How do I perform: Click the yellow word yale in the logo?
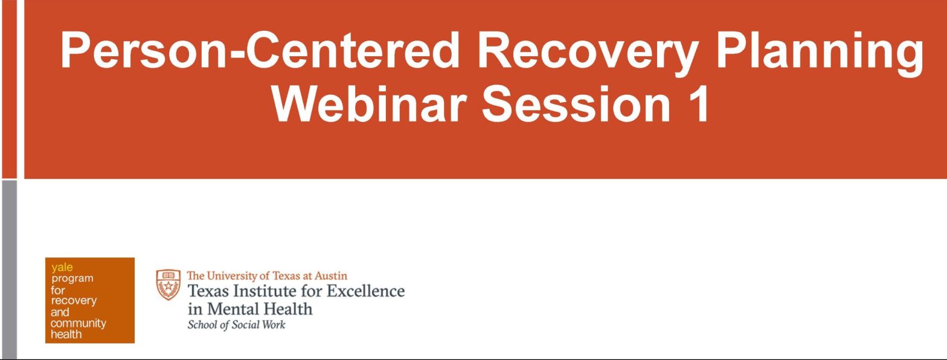62,267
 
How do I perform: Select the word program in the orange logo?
72,278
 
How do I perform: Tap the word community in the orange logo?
78,323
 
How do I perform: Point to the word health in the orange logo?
66,335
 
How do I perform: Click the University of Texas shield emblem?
168,284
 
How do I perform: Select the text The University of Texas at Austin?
266,276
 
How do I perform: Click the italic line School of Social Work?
236,325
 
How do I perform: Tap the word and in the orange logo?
60,312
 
